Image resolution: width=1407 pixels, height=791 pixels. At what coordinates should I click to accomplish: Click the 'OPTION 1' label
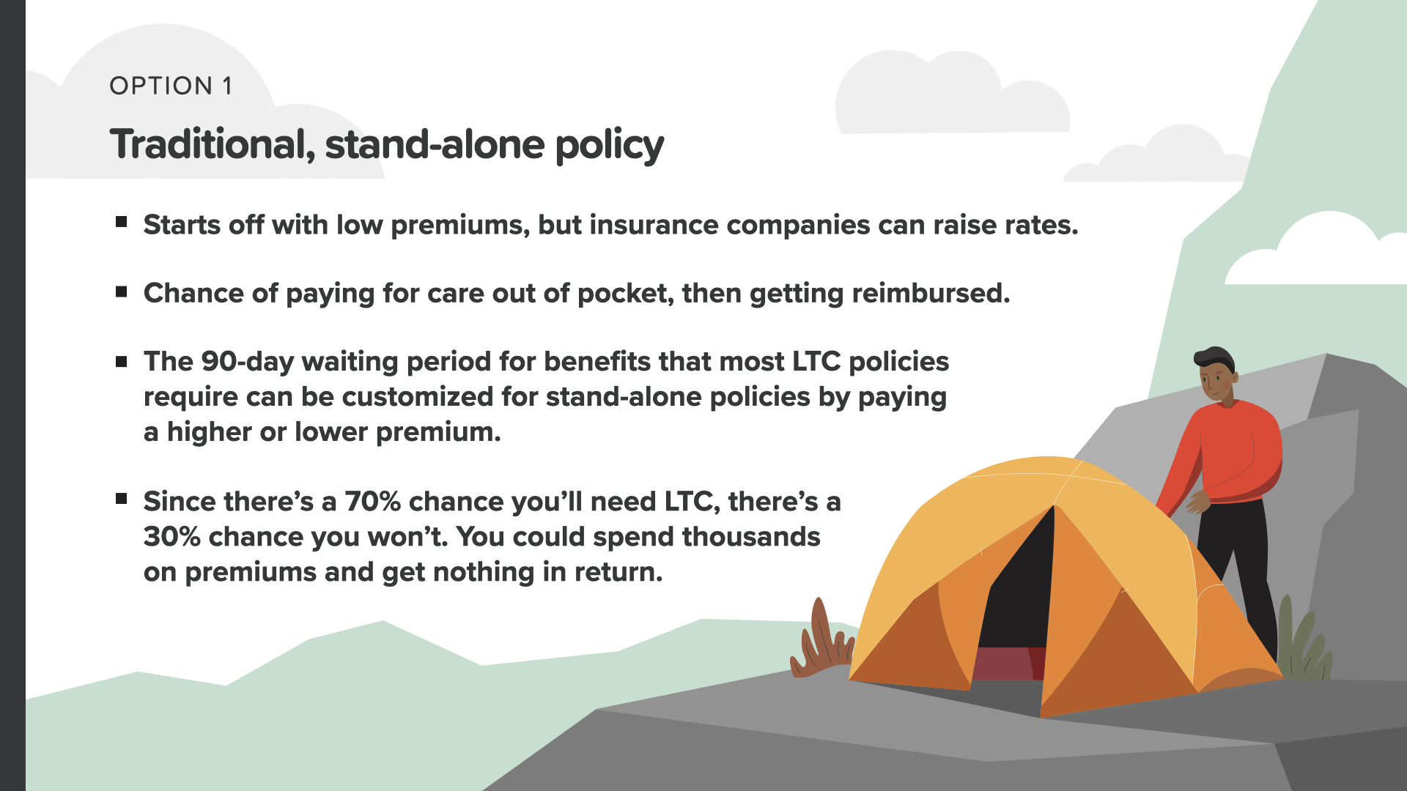pyautogui.click(x=171, y=86)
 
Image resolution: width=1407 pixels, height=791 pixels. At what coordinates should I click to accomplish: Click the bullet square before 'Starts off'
pyautogui.click(x=122, y=222)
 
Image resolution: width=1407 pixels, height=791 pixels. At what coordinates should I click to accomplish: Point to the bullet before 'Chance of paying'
pyautogui.click(x=122, y=291)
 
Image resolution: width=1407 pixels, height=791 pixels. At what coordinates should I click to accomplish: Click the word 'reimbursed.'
pyautogui.click(x=931, y=293)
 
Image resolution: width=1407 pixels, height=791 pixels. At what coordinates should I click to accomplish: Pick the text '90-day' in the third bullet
pyautogui.click(x=248, y=362)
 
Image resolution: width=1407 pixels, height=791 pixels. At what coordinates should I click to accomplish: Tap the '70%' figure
pyautogui.click(x=373, y=502)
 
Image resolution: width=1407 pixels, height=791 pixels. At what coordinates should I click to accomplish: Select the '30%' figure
pyautogui.click(x=172, y=537)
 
